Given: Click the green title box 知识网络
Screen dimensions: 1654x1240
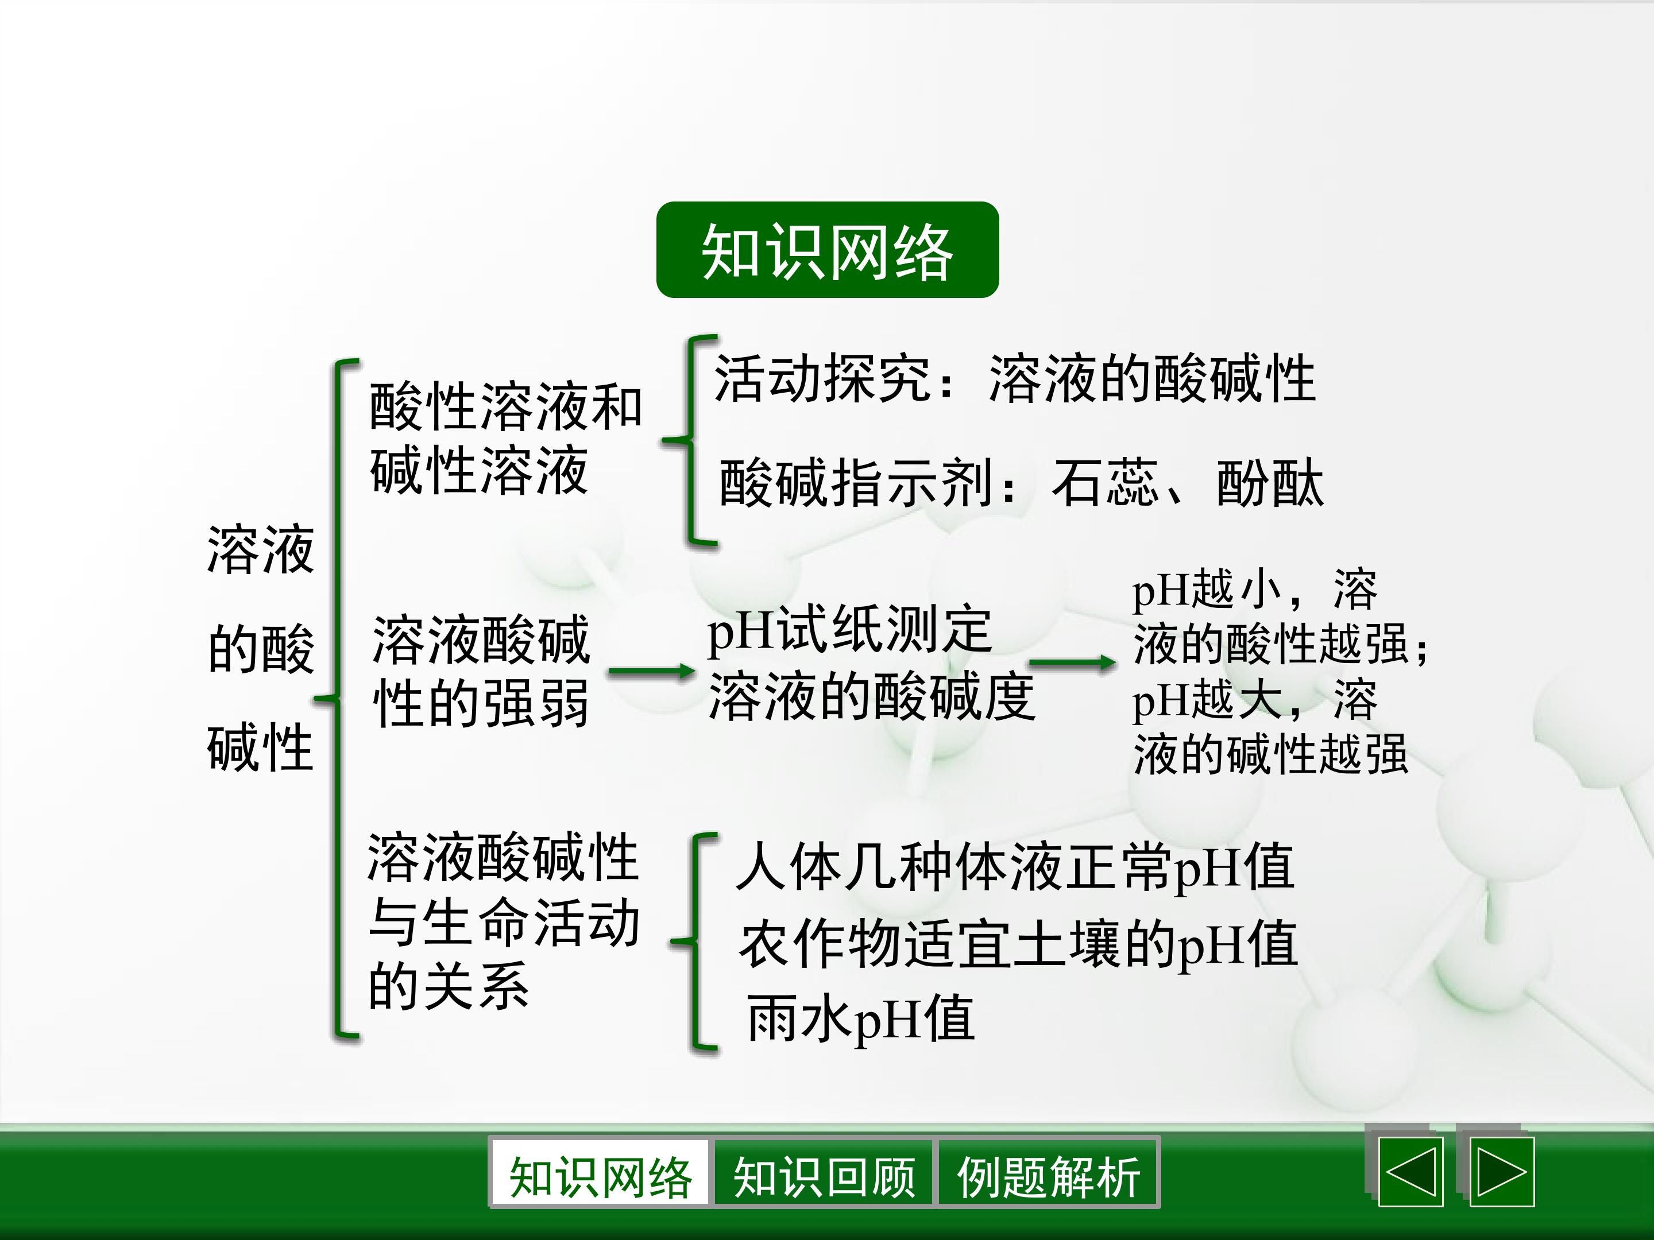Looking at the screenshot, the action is (827, 250).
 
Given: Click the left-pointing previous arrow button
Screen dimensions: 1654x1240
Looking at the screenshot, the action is (1410, 1172).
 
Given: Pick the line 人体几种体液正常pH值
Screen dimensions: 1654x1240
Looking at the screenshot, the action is (1015, 867).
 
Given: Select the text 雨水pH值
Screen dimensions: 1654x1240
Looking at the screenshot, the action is (861, 1018).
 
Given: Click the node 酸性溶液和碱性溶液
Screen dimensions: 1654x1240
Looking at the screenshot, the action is (505, 439).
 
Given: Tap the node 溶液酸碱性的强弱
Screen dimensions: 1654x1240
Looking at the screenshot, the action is (481, 671).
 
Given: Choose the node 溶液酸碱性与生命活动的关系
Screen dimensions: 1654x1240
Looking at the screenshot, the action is (503, 921).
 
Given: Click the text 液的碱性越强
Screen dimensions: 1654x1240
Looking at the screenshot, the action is (1270, 754).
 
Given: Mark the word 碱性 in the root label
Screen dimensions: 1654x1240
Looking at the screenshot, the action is (260, 747).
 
